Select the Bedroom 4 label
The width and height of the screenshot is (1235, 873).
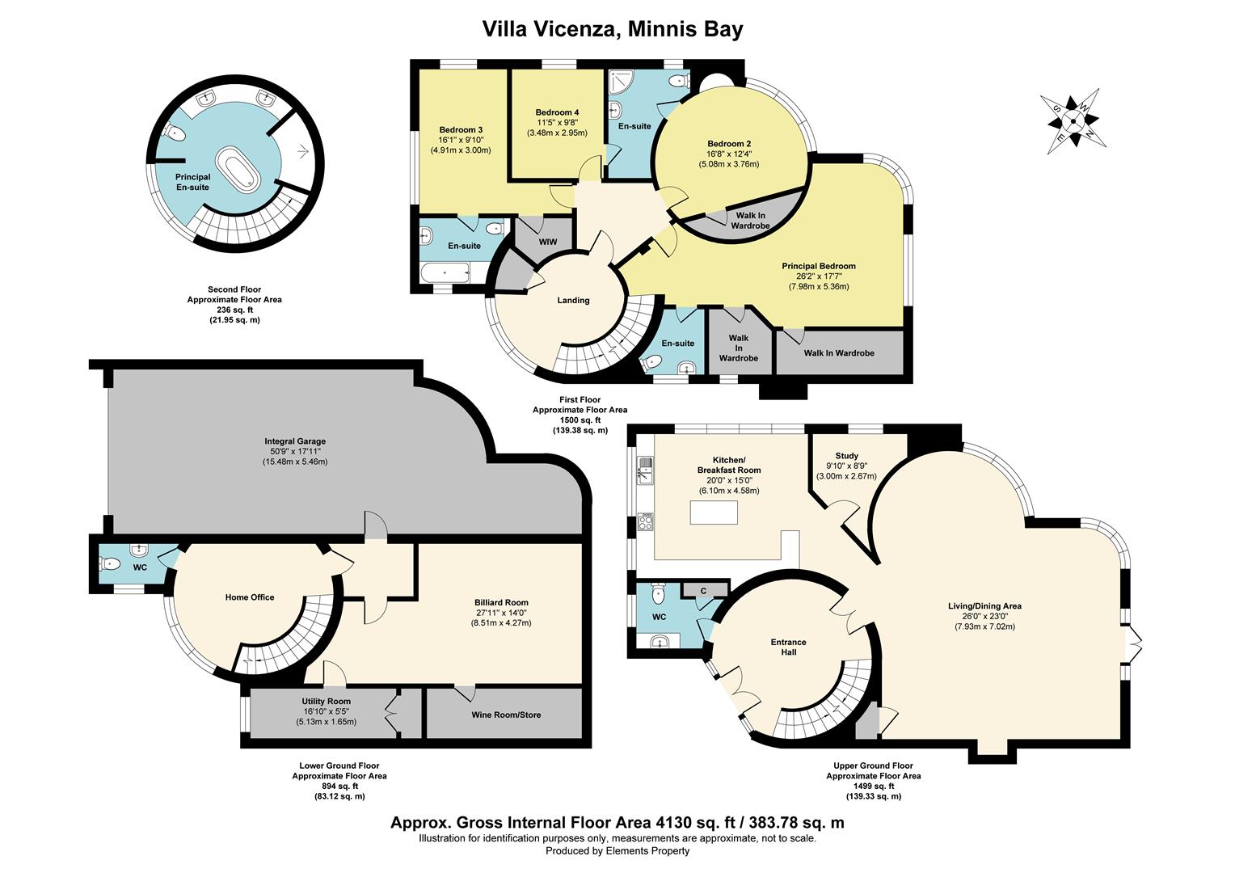tap(557, 112)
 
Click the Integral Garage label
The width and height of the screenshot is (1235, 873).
tap(295, 441)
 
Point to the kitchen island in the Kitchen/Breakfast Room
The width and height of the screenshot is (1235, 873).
tap(714, 512)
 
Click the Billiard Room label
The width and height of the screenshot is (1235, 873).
tap(501, 602)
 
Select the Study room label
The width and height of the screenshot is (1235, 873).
tap(846, 456)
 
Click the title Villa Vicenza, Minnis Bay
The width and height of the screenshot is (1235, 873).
tap(613, 30)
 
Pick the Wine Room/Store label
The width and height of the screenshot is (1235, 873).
tap(506, 715)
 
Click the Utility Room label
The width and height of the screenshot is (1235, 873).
tap(327, 702)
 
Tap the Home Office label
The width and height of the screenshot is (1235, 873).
tap(250, 597)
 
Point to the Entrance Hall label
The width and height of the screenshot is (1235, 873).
tap(788, 647)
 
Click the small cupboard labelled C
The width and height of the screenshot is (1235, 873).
tap(703, 591)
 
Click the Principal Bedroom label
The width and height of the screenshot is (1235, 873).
tap(818, 266)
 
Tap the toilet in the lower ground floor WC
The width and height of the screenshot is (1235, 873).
tap(112, 563)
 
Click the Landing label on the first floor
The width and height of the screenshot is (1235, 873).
tap(573, 301)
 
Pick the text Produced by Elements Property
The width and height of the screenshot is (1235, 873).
tap(617, 850)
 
